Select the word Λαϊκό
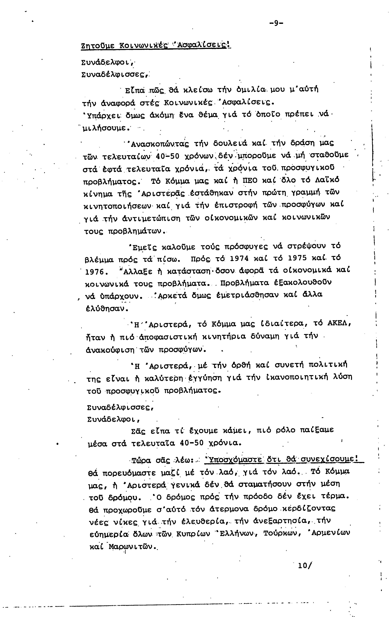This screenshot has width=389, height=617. pyautogui.click(x=327, y=180)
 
